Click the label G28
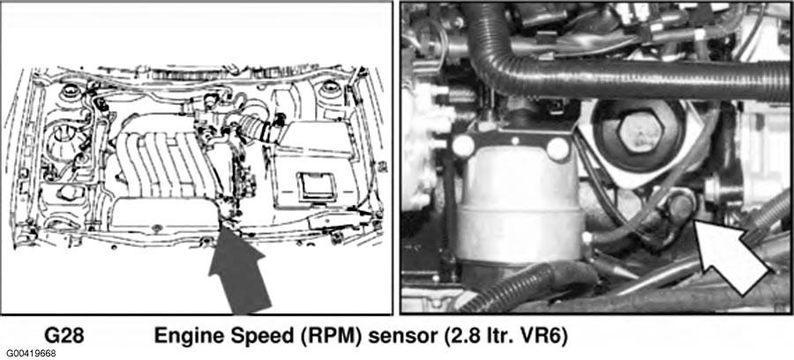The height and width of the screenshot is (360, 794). click(x=64, y=335)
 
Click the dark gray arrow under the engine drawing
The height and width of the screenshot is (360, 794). click(x=238, y=271)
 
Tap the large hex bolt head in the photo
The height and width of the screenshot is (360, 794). click(x=640, y=132)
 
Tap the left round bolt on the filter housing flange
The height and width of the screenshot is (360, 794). click(x=463, y=146)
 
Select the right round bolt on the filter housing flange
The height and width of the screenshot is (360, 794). click(x=558, y=149)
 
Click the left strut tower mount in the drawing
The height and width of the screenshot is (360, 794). click(x=71, y=91)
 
